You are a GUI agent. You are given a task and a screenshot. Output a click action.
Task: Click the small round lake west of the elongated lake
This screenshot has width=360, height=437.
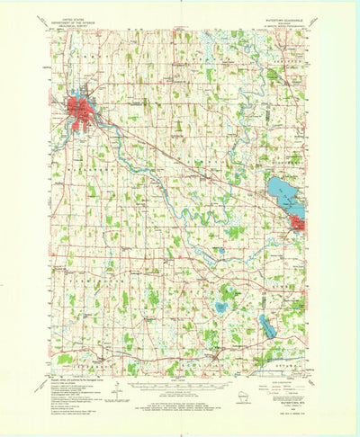(x=220, y=308)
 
